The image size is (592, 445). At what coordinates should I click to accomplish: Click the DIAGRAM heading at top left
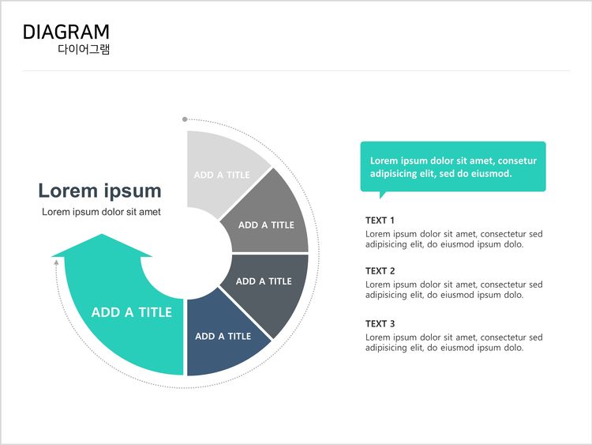pos(66,32)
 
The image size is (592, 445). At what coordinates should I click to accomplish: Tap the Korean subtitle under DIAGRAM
pos(84,49)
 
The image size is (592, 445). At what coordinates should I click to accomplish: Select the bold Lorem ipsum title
pos(99,190)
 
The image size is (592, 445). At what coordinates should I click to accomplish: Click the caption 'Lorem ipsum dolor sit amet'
pos(101,212)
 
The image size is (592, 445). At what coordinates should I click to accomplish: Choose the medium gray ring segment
pos(272,219)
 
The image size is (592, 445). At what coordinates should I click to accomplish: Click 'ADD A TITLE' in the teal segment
pos(131,312)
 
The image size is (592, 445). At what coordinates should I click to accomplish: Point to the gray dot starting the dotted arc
pos(185,119)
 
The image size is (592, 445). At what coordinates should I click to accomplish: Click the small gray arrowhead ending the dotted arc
pos(56,262)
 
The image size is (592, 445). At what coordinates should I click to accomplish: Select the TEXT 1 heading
pos(380,221)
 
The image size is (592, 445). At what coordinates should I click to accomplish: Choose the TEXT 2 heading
pos(380,271)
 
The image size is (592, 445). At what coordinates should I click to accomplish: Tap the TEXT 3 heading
pos(380,324)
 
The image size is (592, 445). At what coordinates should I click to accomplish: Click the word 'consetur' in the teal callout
pos(517,161)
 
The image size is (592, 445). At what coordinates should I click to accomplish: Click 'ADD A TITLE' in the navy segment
pos(223,337)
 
